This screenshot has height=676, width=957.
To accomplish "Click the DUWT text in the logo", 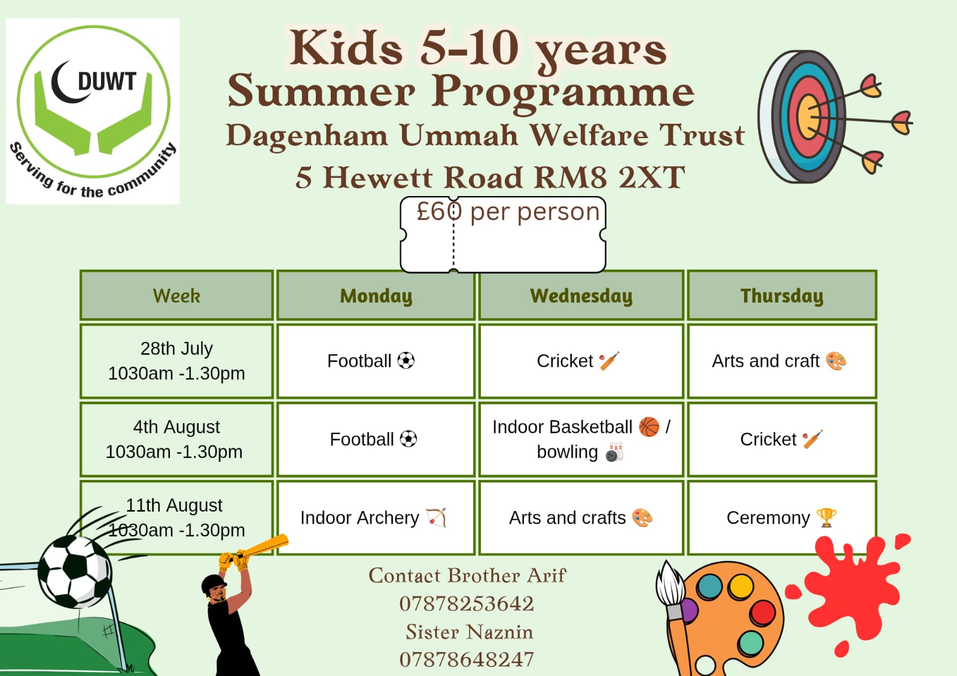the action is tap(107, 81).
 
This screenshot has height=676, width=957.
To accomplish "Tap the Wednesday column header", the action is tap(581, 295).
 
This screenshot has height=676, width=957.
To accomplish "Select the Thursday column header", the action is tap(782, 295).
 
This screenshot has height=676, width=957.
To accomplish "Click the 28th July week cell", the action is tap(176, 361).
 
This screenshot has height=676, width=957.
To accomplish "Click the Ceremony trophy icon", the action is tap(826, 518).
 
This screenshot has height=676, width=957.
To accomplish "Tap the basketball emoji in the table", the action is tap(649, 427).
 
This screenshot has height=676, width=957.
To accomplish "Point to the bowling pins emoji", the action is tap(615, 452).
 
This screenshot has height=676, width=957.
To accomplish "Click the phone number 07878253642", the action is tap(467, 604).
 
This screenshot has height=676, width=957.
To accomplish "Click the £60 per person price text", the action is tap(508, 212).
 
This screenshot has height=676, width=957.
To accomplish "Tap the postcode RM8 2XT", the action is tap(609, 178).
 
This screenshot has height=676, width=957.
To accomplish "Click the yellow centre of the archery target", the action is tap(808, 117).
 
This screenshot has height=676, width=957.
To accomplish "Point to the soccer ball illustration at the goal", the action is tap(75, 571).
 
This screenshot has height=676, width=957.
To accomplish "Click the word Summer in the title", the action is tap(321, 91).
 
